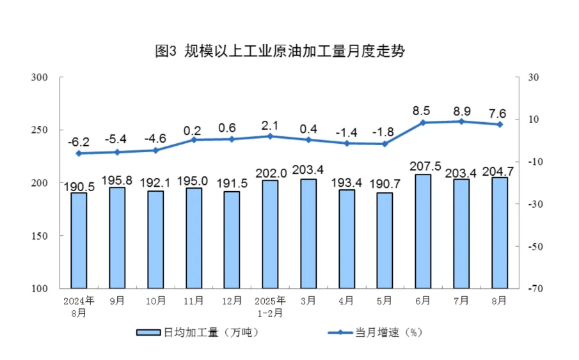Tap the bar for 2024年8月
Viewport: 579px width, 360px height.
click(79, 240)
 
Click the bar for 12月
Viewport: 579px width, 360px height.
click(232, 239)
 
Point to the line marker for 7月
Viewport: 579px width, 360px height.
click(461, 121)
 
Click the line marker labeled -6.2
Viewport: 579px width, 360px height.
click(79, 153)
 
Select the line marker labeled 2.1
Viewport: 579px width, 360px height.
click(270, 136)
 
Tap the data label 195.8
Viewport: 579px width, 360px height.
click(117, 180)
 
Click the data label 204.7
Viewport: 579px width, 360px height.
click(500, 171)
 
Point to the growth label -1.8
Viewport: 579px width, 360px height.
click(385, 132)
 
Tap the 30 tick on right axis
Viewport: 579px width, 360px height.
click(535, 77)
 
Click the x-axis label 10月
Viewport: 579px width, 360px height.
click(155, 299)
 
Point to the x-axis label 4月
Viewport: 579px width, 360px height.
click(346, 299)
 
